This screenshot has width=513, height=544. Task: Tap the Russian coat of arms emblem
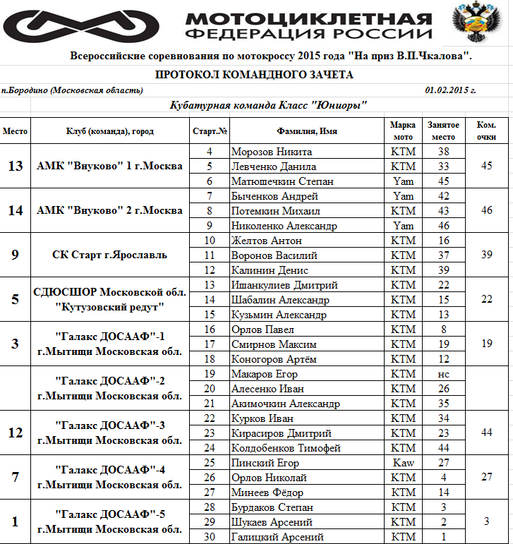click(471, 23)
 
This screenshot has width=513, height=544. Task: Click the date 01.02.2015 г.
click(450, 90)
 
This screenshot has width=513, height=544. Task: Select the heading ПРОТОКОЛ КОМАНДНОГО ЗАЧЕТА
click(254, 75)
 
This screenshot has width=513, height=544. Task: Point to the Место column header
click(16, 131)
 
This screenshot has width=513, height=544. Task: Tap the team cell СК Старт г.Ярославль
click(109, 255)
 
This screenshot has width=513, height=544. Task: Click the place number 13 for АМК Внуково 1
click(16, 167)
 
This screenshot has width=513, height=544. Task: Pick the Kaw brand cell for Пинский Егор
click(403, 463)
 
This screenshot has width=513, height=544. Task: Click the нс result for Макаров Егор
click(443, 374)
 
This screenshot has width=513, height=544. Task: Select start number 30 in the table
click(209, 537)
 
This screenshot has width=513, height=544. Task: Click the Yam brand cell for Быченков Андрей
click(403, 196)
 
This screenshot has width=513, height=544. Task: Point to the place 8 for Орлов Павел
click(443, 330)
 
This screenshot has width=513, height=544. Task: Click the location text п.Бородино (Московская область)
click(72, 90)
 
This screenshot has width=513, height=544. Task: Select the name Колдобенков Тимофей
click(286, 448)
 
